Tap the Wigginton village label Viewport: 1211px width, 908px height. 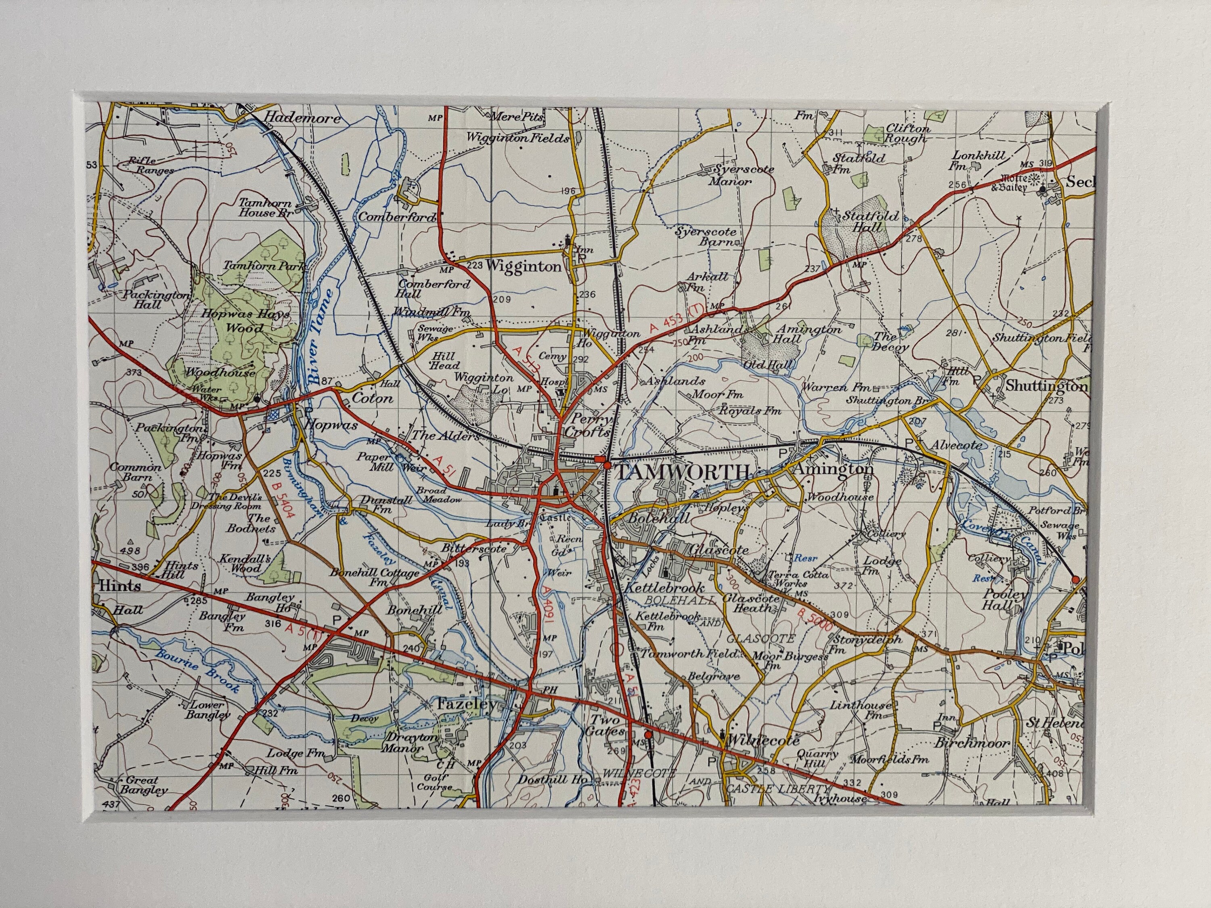(524, 266)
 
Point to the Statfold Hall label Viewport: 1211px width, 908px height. (870, 221)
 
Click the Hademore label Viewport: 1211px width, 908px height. (302, 118)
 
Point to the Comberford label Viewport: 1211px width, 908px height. (396, 217)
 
